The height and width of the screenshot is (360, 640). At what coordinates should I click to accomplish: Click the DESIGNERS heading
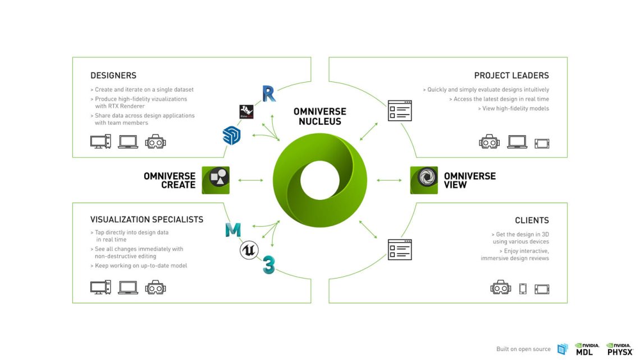coord(113,75)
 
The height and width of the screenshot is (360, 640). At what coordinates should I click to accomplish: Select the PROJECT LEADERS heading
coord(511,75)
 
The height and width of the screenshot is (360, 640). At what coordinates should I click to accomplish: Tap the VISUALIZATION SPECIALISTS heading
coord(147,220)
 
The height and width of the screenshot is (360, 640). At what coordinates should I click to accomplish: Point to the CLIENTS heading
coord(532,221)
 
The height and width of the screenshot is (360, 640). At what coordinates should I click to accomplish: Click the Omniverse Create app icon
coord(216,180)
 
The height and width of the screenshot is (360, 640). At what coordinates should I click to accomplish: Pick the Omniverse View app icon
coord(424,180)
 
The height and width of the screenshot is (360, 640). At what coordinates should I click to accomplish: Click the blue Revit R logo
coord(269,94)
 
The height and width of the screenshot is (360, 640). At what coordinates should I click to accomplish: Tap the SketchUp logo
coord(231,135)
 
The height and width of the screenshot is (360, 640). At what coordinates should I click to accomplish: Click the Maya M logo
coord(233,230)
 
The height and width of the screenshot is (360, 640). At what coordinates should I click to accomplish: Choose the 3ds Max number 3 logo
coord(269,266)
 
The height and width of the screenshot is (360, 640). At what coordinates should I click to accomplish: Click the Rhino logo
coord(246,111)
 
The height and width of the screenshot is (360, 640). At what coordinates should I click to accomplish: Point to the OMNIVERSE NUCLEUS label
coord(319,116)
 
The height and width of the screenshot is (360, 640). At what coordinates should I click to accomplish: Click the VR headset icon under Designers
coord(156,142)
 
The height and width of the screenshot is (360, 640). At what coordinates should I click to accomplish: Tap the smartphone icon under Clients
coord(523,289)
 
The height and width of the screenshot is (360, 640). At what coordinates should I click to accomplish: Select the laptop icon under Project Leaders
coord(517,142)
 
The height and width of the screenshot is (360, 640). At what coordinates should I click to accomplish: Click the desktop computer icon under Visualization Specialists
coord(100,288)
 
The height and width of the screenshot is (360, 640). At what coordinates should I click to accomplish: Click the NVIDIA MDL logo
coord(587,349)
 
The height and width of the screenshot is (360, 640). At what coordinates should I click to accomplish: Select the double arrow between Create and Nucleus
coord(251,180)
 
